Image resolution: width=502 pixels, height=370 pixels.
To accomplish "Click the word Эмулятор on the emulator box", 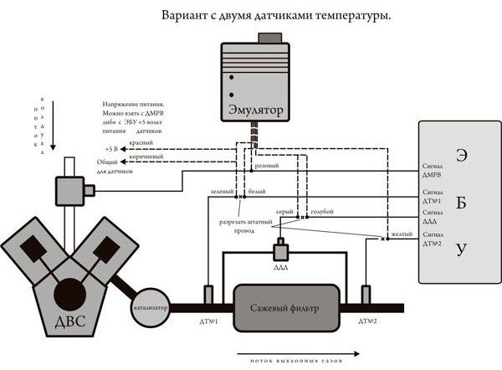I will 256,109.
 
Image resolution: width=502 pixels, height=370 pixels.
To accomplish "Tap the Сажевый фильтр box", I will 287,307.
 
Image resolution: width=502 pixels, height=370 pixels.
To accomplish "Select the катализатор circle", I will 151,307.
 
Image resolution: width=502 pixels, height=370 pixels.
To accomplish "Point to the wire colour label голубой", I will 322,213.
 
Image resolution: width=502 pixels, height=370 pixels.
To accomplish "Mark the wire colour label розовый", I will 267,167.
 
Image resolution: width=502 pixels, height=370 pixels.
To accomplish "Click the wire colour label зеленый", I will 222,193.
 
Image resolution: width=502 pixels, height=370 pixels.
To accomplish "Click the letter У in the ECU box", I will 461,249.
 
